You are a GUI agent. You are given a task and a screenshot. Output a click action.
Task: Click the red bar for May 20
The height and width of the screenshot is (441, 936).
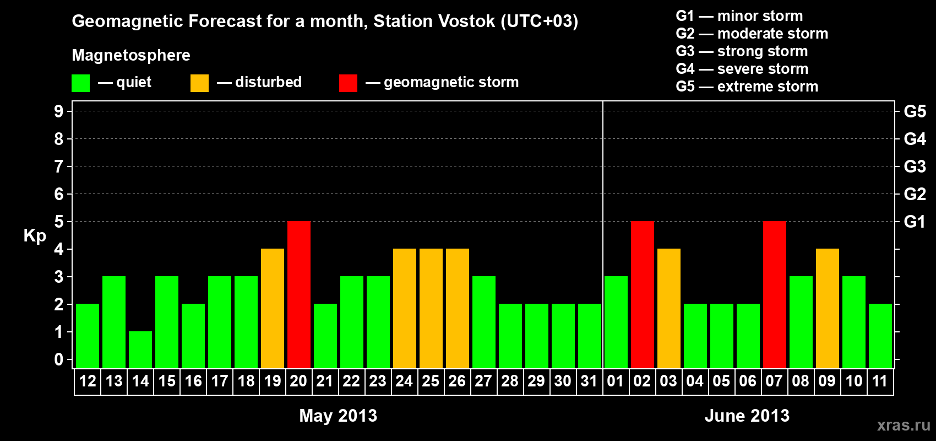pyautogui.click(x=299, y=294)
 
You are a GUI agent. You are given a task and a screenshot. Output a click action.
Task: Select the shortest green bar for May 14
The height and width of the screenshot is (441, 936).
pyautogui.click(x=140, y=350)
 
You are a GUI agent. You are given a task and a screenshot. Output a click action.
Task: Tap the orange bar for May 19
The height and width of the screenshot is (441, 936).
pyautogui.click(x=273, y=308)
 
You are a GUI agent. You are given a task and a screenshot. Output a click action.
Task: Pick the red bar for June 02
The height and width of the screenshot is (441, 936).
pyautogui.click(x=643, y=294)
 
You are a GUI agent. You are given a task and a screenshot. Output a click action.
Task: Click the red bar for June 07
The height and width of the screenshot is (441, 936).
pyautogui.click(x=775, y=294)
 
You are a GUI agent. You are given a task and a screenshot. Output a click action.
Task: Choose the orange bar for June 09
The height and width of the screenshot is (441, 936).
pyautogui.click(x=828, y=308)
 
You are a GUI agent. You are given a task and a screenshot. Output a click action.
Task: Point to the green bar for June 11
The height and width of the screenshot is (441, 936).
pyautogui.click(x=880, y=336)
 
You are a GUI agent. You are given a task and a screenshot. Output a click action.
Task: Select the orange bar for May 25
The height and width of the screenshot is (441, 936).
pyautogui.click(x=431, y=308)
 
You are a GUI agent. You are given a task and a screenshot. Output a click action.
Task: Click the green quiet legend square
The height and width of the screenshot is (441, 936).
pyautogui.click(x=80, y=83)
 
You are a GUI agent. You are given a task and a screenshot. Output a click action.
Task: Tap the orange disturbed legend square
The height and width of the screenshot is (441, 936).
pyautogui.click(x=199, y=83)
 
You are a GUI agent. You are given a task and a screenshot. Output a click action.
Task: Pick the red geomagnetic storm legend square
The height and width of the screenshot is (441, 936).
pyautogui.click(x=348, y=83)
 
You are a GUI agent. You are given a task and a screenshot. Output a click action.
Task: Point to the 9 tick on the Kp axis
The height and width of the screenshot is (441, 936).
pyautogui.click(x=58, y=111)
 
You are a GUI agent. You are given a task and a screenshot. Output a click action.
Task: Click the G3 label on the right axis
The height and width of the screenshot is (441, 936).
pyautogui.click(x=915, y=166)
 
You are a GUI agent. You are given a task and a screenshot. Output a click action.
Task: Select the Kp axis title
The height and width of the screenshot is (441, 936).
pyautogui.click(x=35, y=235)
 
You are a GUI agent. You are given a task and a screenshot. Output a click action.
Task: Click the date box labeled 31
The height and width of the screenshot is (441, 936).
pyautogui.click(x=589, y=381)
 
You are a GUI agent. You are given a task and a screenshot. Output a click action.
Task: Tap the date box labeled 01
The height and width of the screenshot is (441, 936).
pyautogui.click(x=616, y=381)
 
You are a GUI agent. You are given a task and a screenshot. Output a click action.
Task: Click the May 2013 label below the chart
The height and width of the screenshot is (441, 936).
pyautogui.click(x=338, y=416)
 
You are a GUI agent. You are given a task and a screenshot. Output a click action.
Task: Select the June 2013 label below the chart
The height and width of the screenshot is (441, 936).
pyautogui.click(x=747, y=416)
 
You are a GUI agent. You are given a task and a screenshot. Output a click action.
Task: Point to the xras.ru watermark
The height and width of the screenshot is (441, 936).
pyautogui.click(x=904, y=425)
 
